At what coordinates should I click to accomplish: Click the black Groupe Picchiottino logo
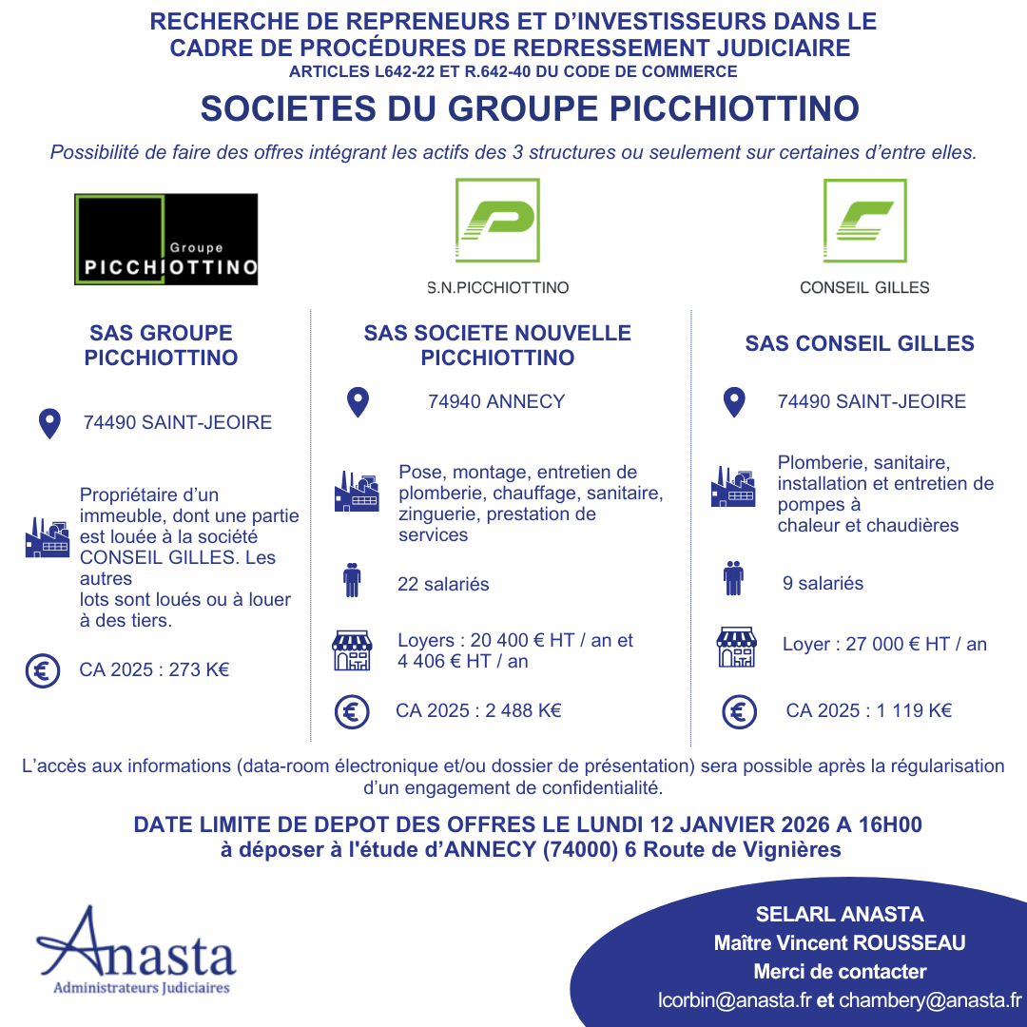(x=166, y=239)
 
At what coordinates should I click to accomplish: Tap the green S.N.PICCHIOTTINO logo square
(x=497, y=221)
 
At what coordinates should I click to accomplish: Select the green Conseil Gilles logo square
(x=864, y=221)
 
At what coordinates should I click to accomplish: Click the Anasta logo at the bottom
(x=137, y=951)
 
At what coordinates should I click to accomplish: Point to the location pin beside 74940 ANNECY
(x=358, y=402)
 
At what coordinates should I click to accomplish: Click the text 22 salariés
(x=443, y=584)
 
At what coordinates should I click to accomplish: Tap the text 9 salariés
(x=823, y=583)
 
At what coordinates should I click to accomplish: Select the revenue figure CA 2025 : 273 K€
(x=154, y=670)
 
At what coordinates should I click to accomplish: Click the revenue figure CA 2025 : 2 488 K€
(x=478, y=710)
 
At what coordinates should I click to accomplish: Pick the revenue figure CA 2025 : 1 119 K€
(x=868, y=710)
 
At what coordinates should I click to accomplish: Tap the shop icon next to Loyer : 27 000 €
(x=736, y=647)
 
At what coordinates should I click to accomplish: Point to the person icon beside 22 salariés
(x=352, y=580)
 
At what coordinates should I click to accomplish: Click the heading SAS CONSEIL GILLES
(x=860, y=343)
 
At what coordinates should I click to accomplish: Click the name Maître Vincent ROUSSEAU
(x=840, y=943)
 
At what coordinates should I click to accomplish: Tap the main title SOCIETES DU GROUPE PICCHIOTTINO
(x=530, y=108)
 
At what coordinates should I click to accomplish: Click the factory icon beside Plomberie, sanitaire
(x=733, y=486)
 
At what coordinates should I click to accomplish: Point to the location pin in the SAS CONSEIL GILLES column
(x=734, y=402)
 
